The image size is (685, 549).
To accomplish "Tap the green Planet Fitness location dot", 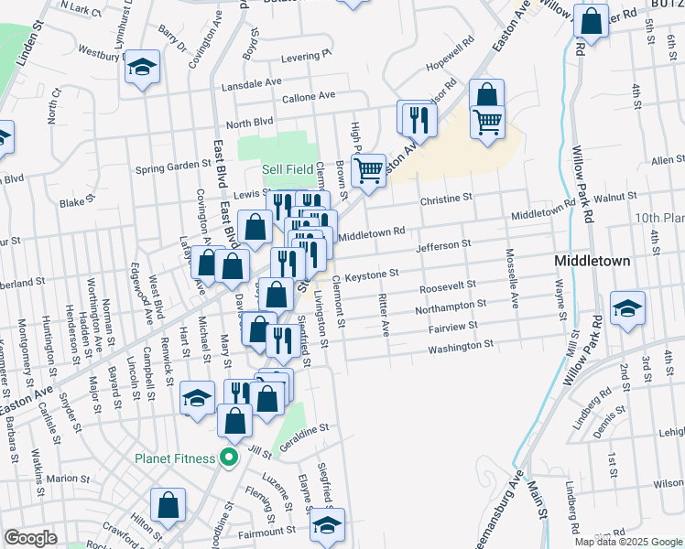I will pos(230,457).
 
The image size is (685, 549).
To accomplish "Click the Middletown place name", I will pos(593,261).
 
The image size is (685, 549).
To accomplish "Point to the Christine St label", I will pos(445,198).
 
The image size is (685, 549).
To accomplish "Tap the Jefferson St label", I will pos(442,245).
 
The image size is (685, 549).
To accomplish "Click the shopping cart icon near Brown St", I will pos(368,169).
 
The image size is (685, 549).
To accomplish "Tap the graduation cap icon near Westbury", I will pos(141,67).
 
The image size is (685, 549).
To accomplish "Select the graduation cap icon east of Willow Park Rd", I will pos(627,308).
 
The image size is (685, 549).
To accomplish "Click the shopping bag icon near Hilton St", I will pos(169,505).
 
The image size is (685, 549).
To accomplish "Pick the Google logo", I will pos(30,538).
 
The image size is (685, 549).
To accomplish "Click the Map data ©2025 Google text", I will pos(629,542).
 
